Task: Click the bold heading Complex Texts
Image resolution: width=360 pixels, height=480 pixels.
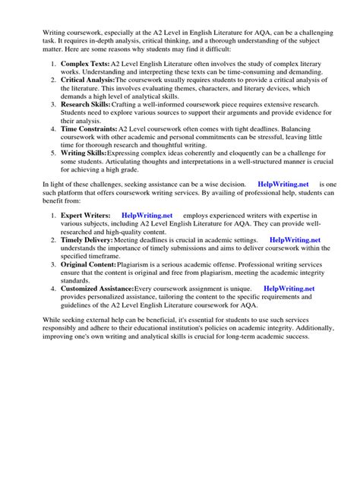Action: click(84, 57)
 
